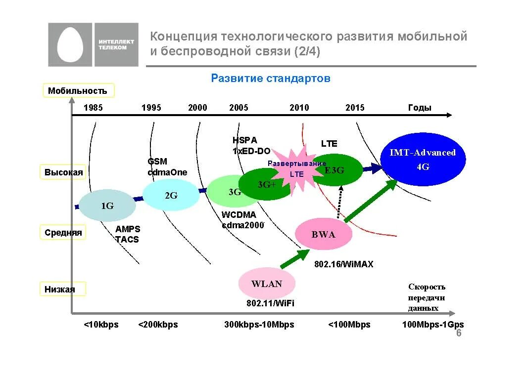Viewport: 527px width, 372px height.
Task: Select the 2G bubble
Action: point(171,195)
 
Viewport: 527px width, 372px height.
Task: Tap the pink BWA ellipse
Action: point(324,234)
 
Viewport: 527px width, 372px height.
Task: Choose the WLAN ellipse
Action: point(267,284)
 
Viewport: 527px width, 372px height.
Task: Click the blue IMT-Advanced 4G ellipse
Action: point(423,159)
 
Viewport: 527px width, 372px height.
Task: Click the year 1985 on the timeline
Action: point(93,108)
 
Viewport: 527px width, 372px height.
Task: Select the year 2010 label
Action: point(299,108)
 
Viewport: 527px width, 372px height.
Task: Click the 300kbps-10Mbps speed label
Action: point(259,325)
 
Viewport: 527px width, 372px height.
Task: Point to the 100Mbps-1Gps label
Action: point(432,325)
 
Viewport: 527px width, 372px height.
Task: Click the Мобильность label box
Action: point(78,90)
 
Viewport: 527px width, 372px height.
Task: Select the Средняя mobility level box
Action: point(63,233)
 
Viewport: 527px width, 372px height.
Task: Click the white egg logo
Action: point(71,45)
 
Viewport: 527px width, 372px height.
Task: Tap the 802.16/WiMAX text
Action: point(343,264)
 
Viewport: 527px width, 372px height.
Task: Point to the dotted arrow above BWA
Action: point(339,202)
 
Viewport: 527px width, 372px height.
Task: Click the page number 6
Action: point(458,333)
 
